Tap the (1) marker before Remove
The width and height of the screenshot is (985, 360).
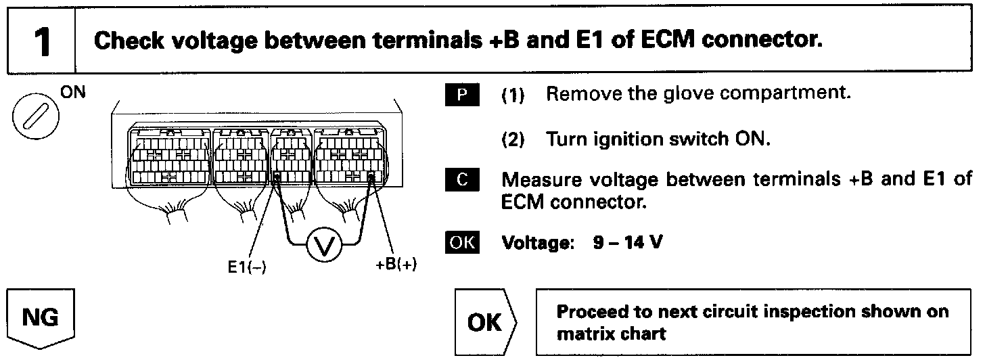(512, 95)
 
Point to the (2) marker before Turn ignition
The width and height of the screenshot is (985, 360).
(512, 140)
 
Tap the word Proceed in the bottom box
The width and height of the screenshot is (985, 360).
(587, 312)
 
